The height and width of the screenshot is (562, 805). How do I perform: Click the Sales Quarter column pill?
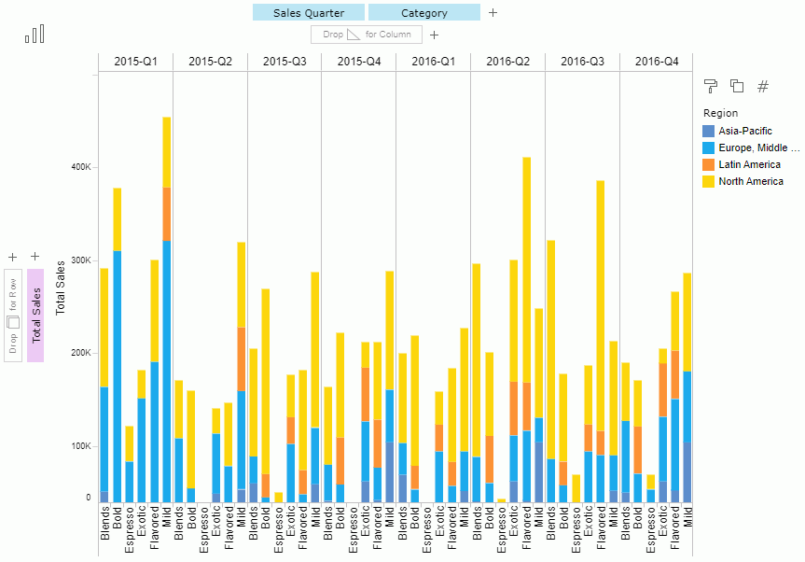pyautogui.click(x=309, y=13)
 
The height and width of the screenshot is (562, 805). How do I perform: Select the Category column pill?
pyautogui.click(x=423, y=13)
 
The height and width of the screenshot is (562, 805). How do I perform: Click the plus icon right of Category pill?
pyautogui.click(x=493, y=13)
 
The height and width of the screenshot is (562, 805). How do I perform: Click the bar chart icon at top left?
pyautogui.click(x=35, y=35)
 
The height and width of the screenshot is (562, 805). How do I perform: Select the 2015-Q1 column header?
pyautogui.click(x=135, y=62)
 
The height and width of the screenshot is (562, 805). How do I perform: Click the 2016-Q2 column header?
pyautogui.click(x=507, y=62)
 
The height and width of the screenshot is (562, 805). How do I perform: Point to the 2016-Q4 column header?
pyautogui.click(x=657, y=62)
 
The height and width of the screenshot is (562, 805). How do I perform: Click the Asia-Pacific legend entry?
pyautogui.click(x=738, y=131)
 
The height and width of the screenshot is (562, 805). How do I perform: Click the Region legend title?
pyautogui.click(x=719, y=113)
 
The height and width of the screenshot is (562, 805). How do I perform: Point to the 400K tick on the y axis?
pyautogui.click(x=81, y=167)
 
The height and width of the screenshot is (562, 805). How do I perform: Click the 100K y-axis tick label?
pyautogui.click(x=81, y=446)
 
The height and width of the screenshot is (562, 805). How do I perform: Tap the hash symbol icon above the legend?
pyautogui.click(x=763, y=86)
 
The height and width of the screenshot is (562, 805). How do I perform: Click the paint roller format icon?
pyautogui.click(x=711, y=86)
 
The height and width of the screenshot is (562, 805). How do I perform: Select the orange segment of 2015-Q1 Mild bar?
pyautogui.click(x=167, y=214)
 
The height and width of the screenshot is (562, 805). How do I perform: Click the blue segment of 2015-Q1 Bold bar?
pyautogui.click(x=118, y=373)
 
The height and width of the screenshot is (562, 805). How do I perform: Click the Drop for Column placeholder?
pyautogui.click(x=367, y=35)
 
